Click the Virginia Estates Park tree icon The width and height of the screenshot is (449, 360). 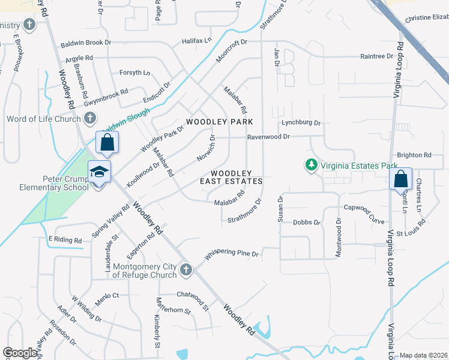coord(311,164)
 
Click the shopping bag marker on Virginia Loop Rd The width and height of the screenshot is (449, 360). coord(400,179)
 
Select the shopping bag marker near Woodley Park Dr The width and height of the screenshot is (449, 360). coord(107,143)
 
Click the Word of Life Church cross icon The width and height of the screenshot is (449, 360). coord(90,118)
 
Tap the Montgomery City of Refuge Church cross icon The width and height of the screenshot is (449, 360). coord(185,269)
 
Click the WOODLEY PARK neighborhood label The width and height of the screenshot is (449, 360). coord(215,122)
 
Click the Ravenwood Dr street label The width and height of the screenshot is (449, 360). coord(269,137)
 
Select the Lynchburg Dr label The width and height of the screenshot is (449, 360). coord(301,122)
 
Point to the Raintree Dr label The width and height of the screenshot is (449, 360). coord(376,56)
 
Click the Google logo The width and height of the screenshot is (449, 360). coord(20,353)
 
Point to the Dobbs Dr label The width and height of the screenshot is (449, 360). coord(307,222)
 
